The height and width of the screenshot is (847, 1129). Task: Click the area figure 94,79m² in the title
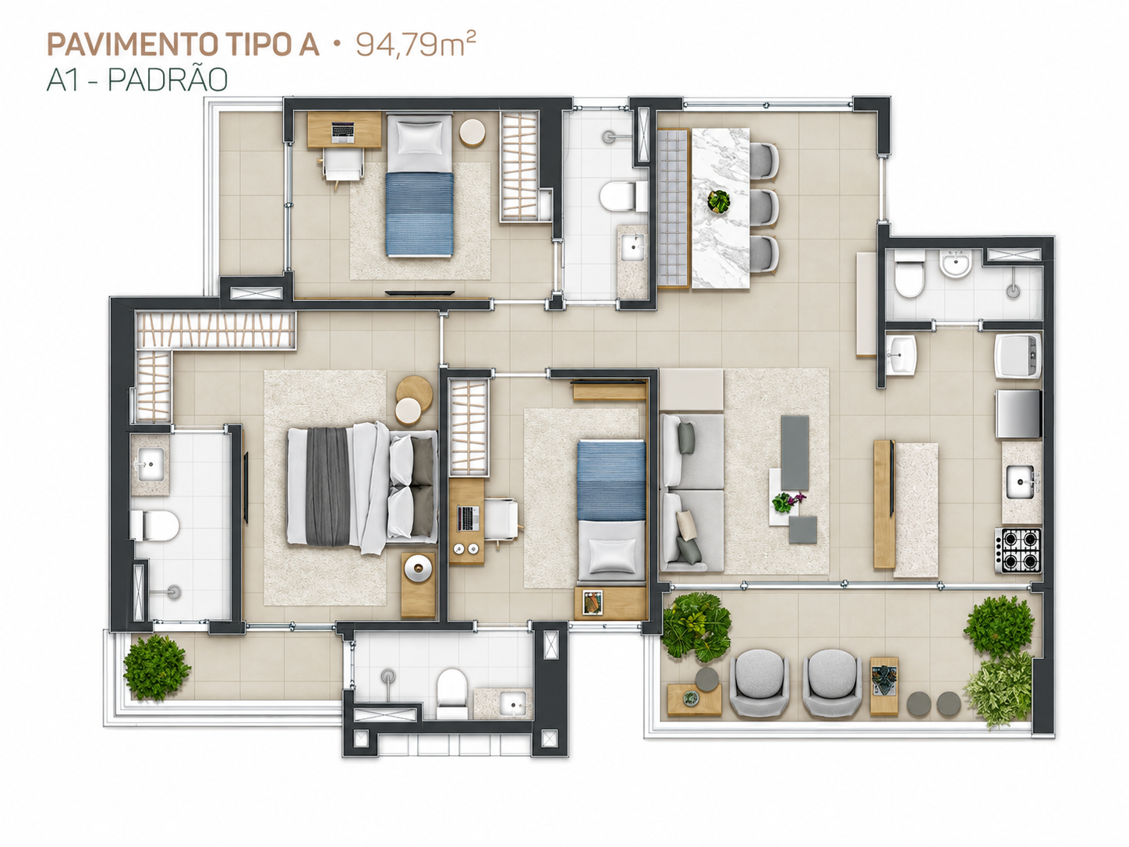coord(415,44)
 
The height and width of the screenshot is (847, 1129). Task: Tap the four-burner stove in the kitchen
coord(1018,551)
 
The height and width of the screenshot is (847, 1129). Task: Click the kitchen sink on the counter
coord(1020,482)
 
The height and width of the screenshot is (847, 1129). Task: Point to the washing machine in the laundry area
coord(1018,356)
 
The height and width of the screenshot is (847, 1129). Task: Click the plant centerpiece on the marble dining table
coord(718,201)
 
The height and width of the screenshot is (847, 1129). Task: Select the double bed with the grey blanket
coord(362,487)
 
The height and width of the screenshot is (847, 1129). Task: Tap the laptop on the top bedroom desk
coord(344,132)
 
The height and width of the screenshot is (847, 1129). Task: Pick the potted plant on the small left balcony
coord(157,667)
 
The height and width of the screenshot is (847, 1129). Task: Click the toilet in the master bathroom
coord(154,525)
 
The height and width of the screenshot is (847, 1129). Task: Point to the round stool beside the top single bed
coord(472,133)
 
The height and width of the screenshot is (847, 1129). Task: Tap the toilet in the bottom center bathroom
coord(451,694)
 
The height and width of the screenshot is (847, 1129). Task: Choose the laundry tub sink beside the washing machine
coord(901,354)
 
